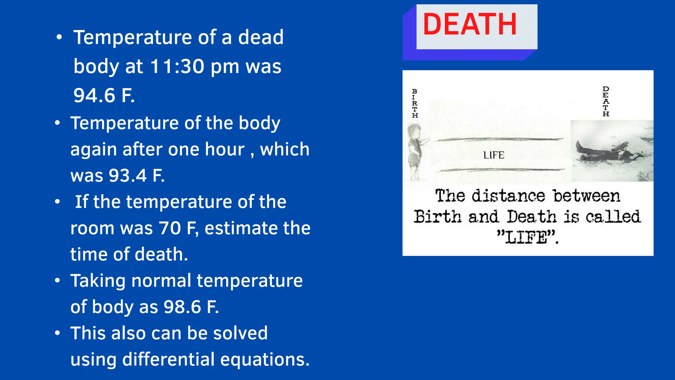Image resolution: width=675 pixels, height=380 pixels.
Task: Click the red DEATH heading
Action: pyautogui.click(x=470, y=24)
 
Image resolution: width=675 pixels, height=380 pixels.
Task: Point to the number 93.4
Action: pyautogui.click(x=128, y=175)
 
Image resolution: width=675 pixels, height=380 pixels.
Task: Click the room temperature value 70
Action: pyautogui.click(x=170, y=228)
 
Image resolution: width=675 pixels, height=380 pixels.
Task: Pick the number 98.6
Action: pyautogui.click(x=182, y=307)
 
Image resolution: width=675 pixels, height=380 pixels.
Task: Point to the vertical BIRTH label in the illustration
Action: pyautogui.click(x=415, y=103)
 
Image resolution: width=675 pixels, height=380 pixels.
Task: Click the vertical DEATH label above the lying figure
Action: pyautogui.click(x=606, y=102)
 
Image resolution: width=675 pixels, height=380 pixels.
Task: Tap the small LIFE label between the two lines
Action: pyautogui.click(x=494, y=155)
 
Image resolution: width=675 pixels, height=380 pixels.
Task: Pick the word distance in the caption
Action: pyautogui.click(x=508, y=196)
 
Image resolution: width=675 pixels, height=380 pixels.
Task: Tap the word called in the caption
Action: pyautogui.click(x=613, y=217)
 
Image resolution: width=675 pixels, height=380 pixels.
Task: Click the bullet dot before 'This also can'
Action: pyautogui.click(x=58, y=333)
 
